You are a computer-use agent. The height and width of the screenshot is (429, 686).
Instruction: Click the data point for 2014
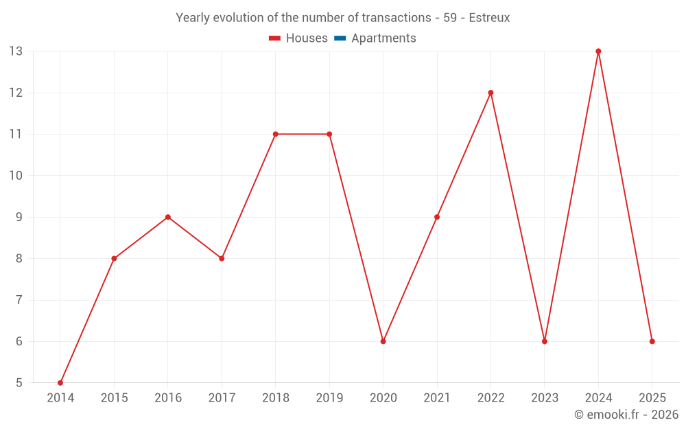click(x=60, y=382)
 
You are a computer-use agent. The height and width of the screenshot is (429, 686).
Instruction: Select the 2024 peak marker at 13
click(x=598, y=51)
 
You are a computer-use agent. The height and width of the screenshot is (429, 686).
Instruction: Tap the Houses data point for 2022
click(x=490, y=93)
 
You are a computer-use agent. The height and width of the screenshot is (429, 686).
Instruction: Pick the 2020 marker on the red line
click(x=383, y=341)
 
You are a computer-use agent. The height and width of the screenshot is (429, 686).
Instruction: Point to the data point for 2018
click(x=275, y=134)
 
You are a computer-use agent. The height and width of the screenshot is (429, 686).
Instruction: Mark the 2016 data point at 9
click(x=168, y=217)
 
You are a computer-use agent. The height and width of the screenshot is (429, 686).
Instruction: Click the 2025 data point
click(x=652, y=341)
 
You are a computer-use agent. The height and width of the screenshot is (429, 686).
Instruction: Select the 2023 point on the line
click(x=545, y=341)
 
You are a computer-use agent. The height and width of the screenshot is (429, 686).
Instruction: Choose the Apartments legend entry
click(x=383, y=38)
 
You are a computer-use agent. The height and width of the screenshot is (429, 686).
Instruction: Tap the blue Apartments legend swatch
click(x=340, y=38)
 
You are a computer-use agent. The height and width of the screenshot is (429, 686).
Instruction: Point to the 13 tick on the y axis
click(x=16, y=51)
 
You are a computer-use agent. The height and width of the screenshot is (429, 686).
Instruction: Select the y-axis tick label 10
click(x=16, y=176)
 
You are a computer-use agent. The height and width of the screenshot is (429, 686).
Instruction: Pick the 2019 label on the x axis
click(x=329, y=398)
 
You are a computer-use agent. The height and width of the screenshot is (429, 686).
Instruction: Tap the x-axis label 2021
click(x=437, y=398)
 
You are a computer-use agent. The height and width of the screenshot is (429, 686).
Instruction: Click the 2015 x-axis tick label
click(x=114, y=398)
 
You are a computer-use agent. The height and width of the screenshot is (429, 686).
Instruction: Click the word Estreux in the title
click(x=489, y=18)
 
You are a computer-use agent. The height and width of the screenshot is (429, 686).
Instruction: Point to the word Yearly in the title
click(x=193, y=18)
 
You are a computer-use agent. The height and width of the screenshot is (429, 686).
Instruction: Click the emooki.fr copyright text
click(x=626, y=415)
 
